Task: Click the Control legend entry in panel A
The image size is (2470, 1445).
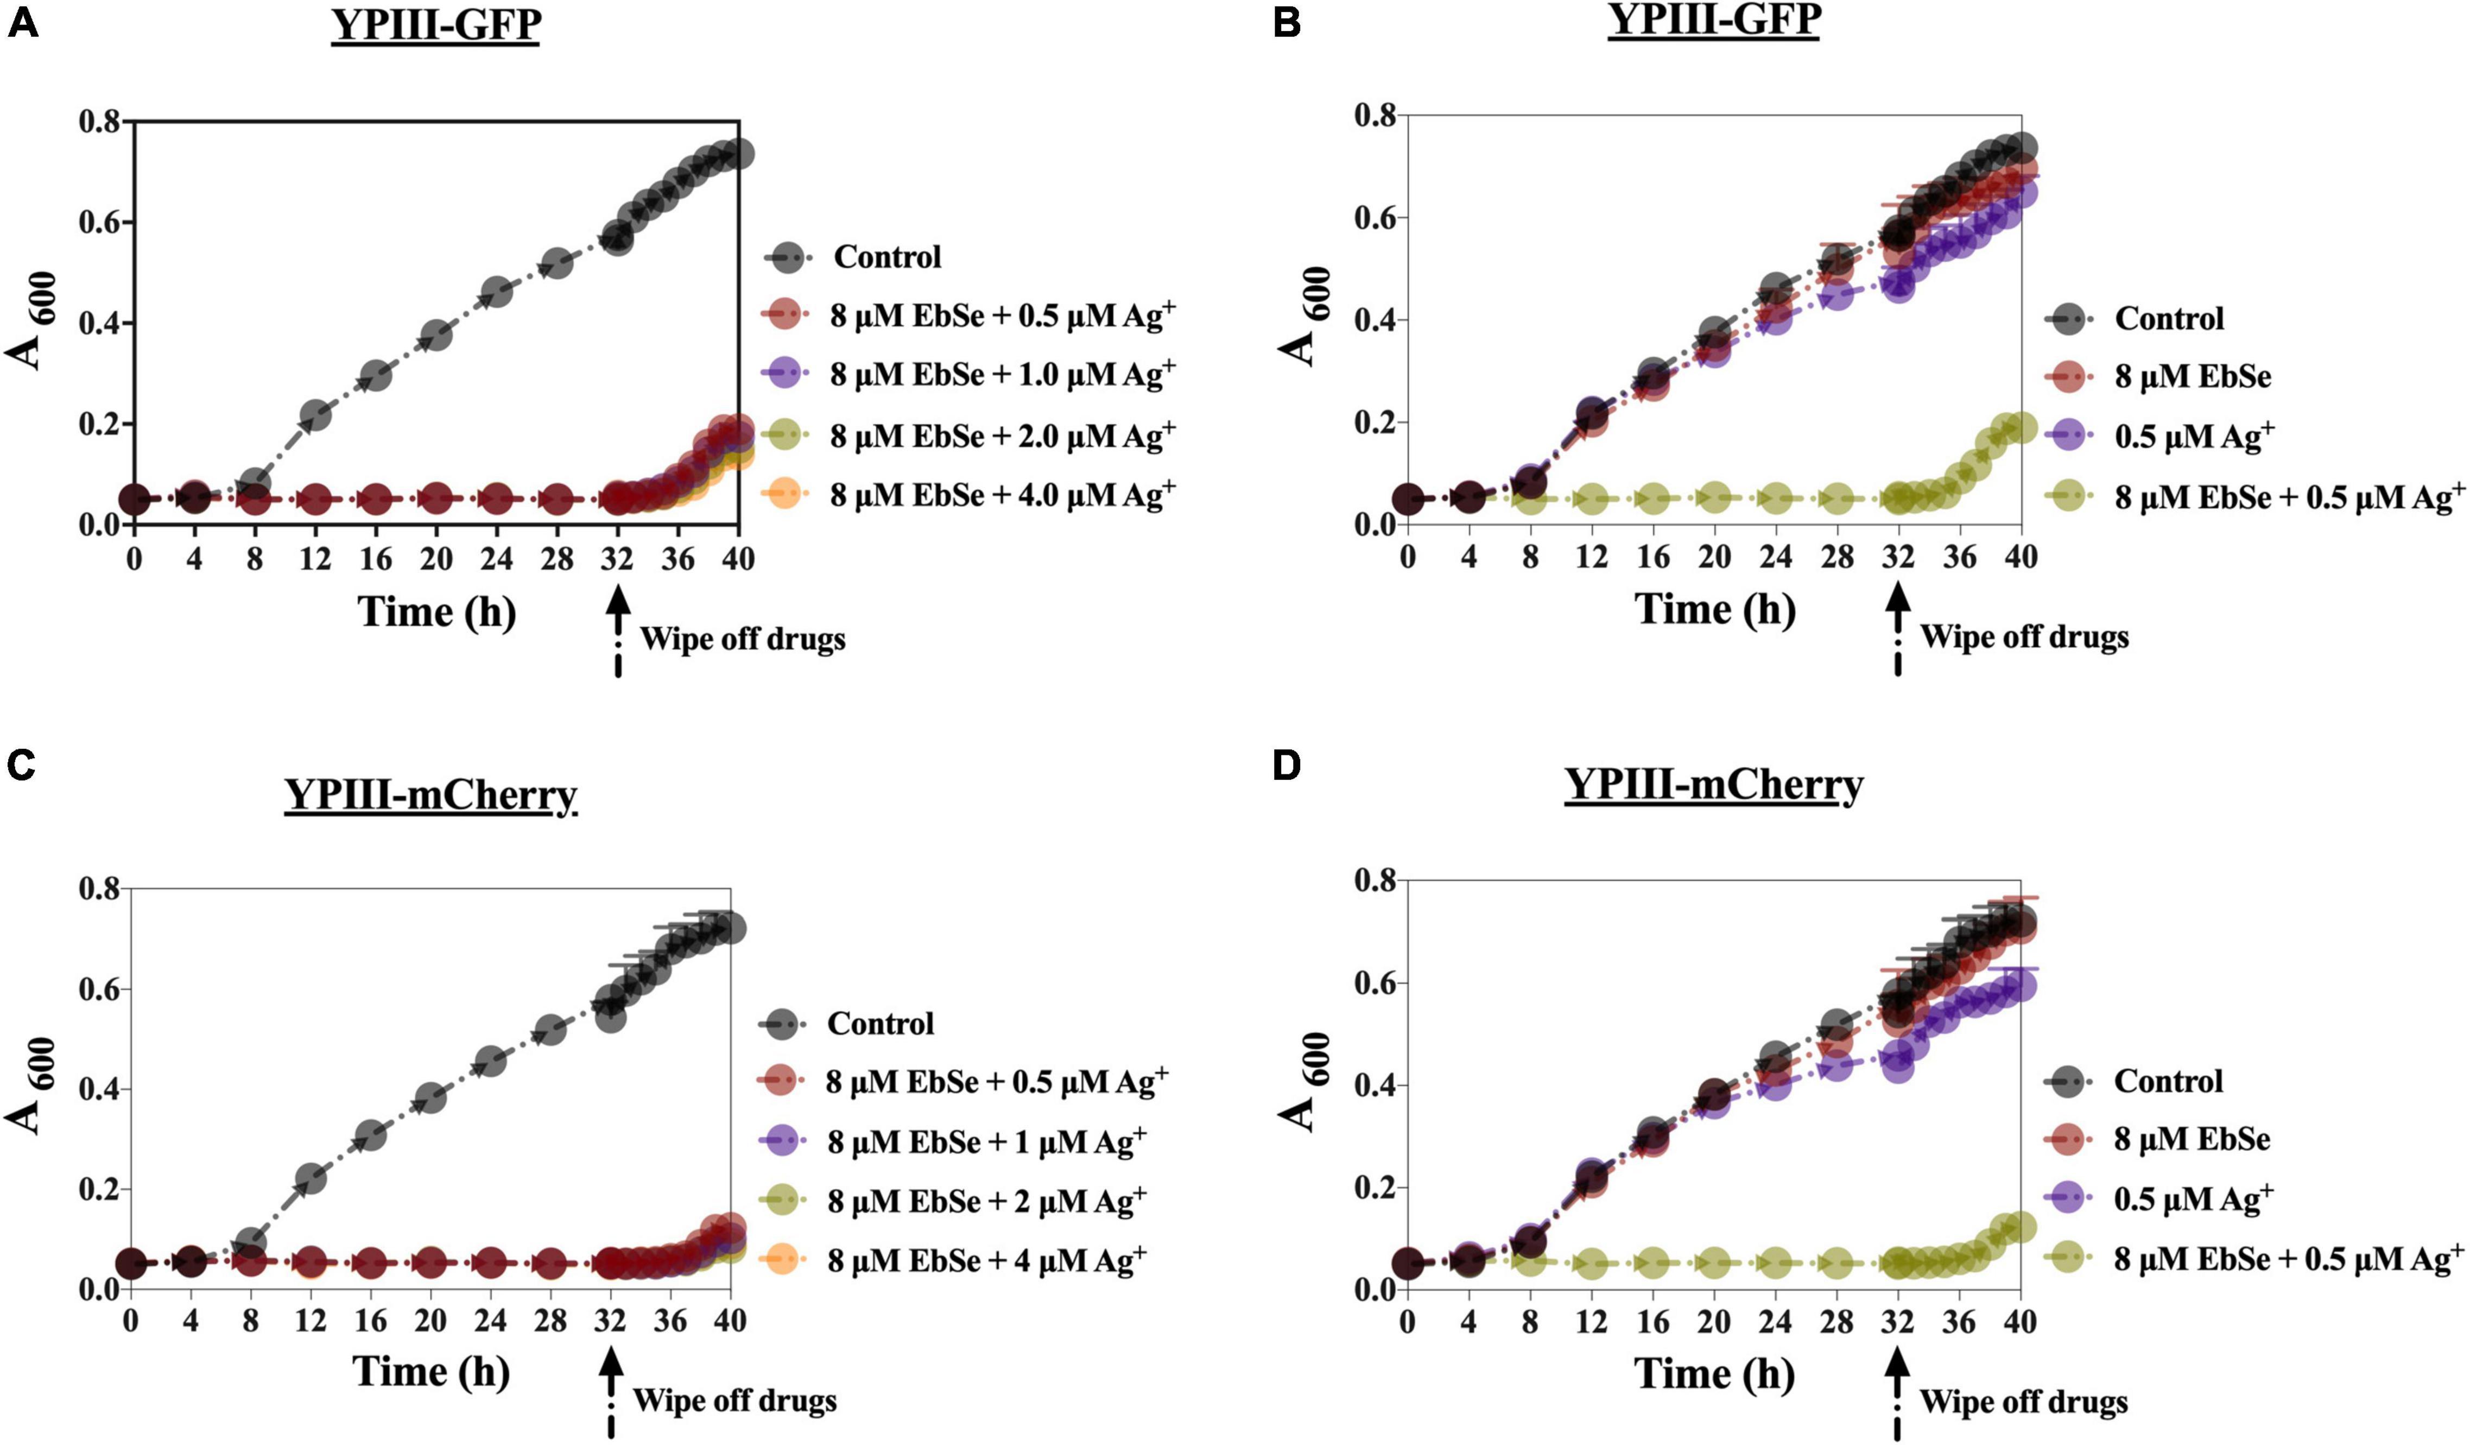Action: (x=887, y=257)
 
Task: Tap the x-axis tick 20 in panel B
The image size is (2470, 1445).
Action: (x=1714, y=556)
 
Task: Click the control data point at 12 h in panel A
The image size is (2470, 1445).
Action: (x=315, y=415)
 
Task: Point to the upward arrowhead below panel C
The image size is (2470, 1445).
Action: (x=612, y=1365)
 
